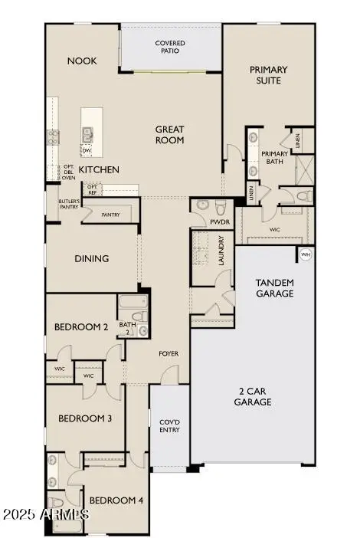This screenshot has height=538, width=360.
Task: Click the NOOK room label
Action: pos(82,61)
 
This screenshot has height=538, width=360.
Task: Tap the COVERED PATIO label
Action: pos(169,48)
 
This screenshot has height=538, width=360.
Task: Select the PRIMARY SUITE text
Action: pos(268,74)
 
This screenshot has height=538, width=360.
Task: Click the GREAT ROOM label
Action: pos(170,135)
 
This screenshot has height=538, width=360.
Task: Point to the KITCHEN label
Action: pos(100,169)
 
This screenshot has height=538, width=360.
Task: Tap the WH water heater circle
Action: pos(306,254)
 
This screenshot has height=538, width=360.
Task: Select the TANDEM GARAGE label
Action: pos(274,287)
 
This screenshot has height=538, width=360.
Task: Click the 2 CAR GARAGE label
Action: pos(253,395)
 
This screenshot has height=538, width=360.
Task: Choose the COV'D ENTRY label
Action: pos(169,425)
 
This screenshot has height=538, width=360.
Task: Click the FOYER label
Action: pos(169,353)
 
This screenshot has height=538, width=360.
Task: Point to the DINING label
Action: pos(92,258)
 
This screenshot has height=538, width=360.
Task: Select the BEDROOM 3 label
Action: pos(86,418)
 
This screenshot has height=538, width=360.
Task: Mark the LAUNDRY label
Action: pos(221,255)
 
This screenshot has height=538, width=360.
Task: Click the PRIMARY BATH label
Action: pos(275,158)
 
